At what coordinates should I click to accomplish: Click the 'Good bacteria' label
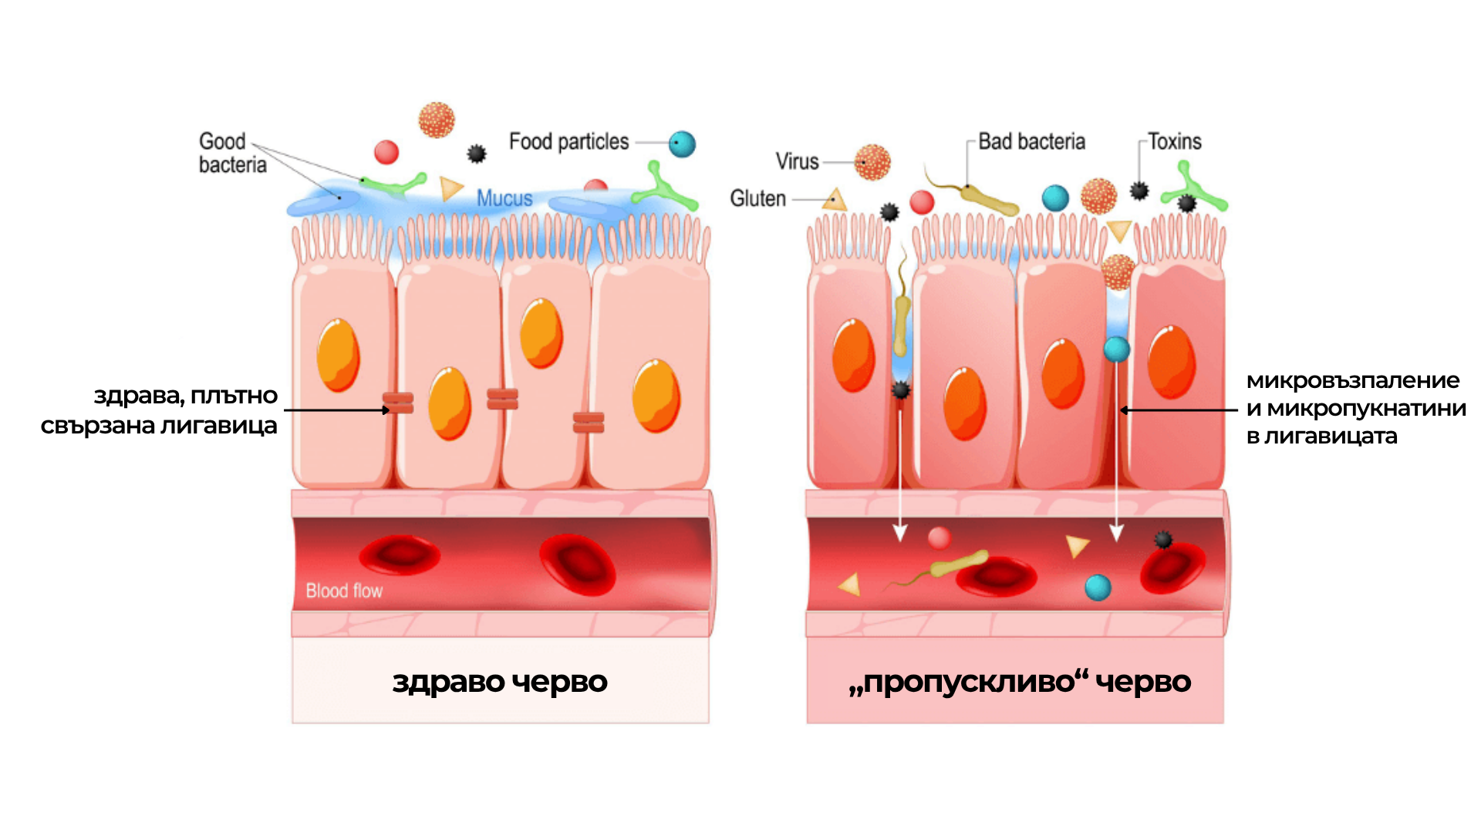click(231, 153)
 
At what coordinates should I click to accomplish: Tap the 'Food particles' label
click(568, 142)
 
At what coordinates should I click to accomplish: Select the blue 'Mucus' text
click(504, 198)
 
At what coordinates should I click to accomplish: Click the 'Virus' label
click(797, 162)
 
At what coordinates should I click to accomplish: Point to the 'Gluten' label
click(757, 199)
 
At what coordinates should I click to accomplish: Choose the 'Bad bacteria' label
click(1031, 142)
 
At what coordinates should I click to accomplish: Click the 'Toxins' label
click(1174, 142)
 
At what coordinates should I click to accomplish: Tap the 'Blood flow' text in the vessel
click(344, 591)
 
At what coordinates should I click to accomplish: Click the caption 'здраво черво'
click(500, 682)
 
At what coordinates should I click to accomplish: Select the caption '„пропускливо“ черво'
click(1019, 682)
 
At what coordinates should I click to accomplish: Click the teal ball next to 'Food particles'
click(682, 144)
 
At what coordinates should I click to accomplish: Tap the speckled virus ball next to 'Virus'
click(872, 163)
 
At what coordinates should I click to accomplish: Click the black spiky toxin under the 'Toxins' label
click(1139, 191)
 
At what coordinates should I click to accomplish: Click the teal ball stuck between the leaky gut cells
click(1116, 349)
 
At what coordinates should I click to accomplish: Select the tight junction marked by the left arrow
click(399, 403)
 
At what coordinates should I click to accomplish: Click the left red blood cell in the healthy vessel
click(400, 555)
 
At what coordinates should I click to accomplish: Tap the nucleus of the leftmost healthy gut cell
click(338, 355)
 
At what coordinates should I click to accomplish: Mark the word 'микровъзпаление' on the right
click(1353, 380)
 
